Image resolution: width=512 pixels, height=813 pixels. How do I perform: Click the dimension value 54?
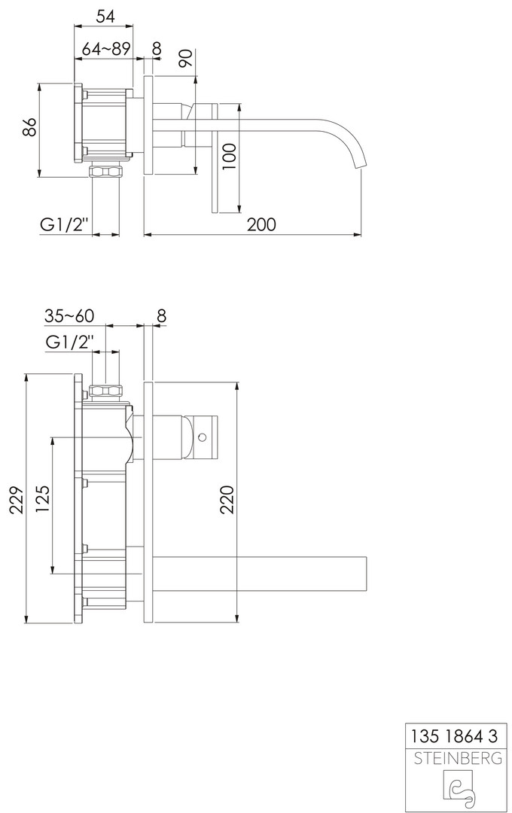click(105, 16)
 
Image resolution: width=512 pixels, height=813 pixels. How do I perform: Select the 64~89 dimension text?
click(106, 49)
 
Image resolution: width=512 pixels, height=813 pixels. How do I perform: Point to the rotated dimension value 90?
click(187, 57)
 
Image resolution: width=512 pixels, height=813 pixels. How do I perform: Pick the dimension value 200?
click(261, 224)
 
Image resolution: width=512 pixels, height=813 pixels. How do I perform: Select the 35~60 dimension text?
click(69, 315)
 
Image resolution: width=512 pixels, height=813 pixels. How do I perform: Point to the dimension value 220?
click(227, 499)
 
